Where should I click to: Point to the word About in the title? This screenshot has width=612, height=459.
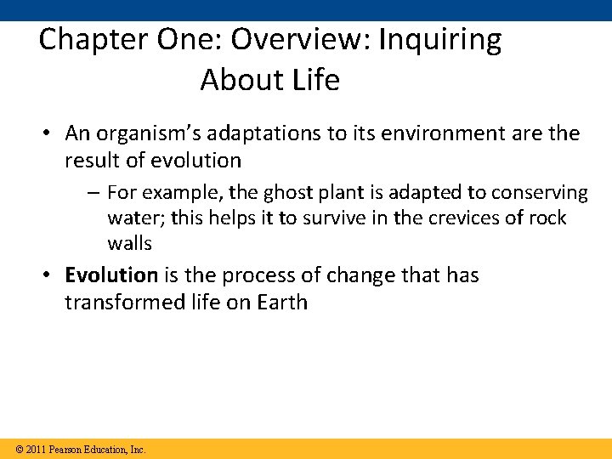pyautogui.click(x=233, y=80)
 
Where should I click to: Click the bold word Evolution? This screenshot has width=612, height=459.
pyautogui.click(x=111, y=275)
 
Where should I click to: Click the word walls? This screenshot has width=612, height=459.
pyautogui.click(x=129, y=244)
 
